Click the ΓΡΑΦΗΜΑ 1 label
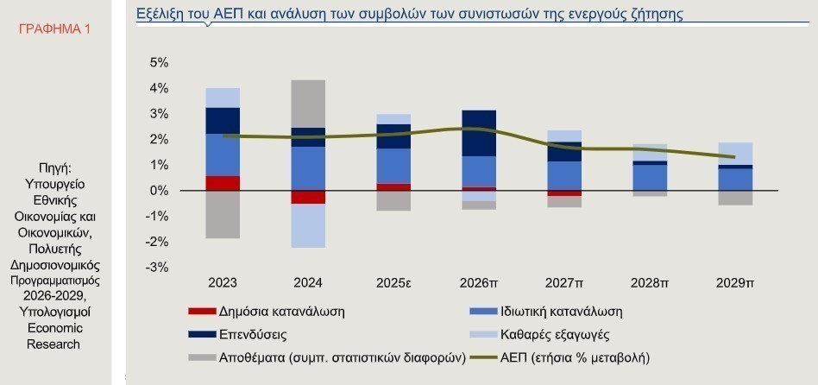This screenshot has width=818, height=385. pos(54,29)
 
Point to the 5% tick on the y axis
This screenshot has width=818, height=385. pos(159,63)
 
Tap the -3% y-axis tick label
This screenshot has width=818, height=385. pos(157,268)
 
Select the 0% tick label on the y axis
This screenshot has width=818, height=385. pos(159,191)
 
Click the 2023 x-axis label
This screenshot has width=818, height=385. pos(223,282)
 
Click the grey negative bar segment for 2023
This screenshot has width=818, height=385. pos(223,214)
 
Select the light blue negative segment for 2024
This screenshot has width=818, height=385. pos(308,225)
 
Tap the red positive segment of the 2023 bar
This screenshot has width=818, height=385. pos(223,183)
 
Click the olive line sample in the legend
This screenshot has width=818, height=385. pos(487,357)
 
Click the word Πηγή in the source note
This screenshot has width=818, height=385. pos(53,167)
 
